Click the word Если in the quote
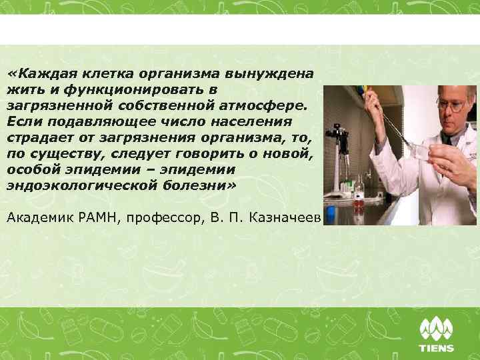point(23,121)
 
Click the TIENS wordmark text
point(436,347)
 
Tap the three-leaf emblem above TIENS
point(436,329)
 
